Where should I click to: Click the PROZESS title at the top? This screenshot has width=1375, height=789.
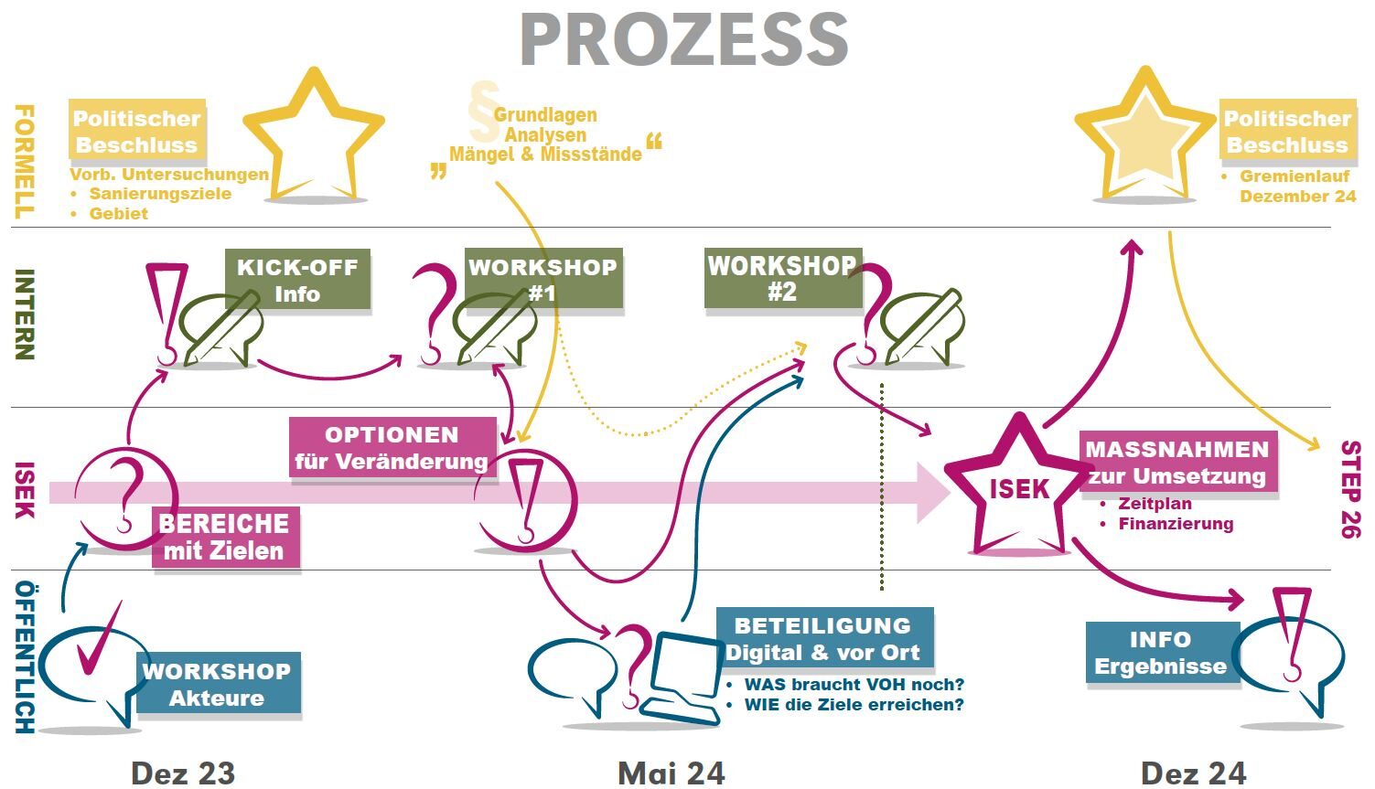(684, 40)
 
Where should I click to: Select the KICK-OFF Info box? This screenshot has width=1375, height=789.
(297, 280)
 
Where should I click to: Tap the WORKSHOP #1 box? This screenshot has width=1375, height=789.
(543, 280)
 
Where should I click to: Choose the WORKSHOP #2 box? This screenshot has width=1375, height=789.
(782, 278)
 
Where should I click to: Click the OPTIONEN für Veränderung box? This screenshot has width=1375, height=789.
(392, 447)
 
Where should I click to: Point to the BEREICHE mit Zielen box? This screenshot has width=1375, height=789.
(225, 537)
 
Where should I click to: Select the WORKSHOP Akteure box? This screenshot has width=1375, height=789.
(218, 683)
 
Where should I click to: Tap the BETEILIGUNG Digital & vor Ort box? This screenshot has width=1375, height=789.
(823, 638)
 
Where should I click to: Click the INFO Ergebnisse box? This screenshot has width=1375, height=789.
(1160, 653)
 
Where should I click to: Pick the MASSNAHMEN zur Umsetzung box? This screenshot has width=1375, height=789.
(1177, 462)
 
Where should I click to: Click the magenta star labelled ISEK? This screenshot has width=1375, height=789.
(1018, 490)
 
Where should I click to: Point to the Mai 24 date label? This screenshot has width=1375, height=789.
(671, 773)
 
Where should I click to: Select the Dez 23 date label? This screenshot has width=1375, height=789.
(183, 773)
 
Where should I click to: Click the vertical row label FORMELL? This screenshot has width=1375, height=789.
(24, 161)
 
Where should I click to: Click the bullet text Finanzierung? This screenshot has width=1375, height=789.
(1176, 524)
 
